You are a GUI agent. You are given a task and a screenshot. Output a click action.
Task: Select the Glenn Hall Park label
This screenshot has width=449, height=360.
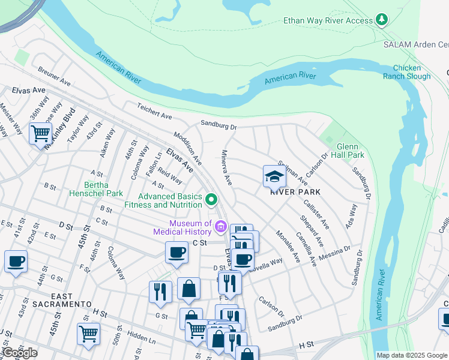point(351,151)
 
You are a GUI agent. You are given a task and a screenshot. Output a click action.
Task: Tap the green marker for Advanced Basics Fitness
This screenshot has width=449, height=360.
point(211,199)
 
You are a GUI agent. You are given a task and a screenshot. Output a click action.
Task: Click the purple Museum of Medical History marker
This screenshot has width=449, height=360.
point(220,226)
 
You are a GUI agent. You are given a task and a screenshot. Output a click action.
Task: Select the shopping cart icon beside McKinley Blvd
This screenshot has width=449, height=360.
point(40,133)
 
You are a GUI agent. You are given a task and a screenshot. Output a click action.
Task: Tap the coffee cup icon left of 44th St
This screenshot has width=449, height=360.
point(16,262)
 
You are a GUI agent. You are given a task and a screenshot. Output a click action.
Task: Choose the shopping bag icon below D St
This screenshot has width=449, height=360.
point(189,288)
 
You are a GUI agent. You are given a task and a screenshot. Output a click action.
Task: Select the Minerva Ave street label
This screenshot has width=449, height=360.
point(227,167)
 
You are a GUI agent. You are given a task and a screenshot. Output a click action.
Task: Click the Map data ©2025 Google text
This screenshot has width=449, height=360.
point(411,355)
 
